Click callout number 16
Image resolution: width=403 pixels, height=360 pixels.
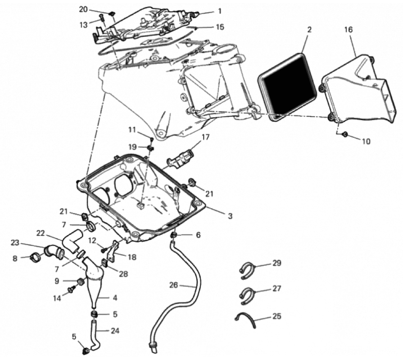point(349,30)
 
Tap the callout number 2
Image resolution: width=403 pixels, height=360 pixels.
point(309,30)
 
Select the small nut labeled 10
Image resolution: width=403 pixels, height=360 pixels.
point(345,134)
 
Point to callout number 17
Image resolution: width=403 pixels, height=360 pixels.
point(205,137)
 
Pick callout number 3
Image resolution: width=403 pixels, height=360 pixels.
point(230,215)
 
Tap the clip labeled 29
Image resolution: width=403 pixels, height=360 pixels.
point(247,270)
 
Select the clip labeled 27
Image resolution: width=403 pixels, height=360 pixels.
point(247,295)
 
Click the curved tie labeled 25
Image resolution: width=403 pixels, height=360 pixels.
point(246,319)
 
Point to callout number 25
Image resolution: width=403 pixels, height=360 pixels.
point(276,316)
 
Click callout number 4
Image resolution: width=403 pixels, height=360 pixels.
point(115,298)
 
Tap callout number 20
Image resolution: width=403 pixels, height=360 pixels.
point(83,9)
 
